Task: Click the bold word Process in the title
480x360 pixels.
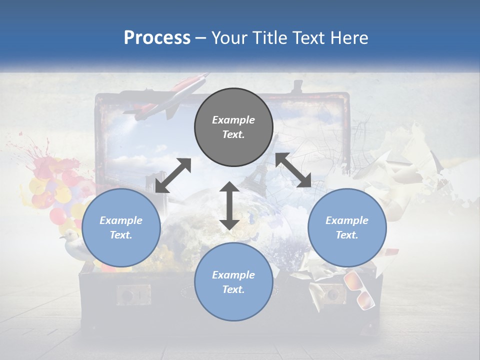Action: tap(157, 38)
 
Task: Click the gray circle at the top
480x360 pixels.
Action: tap(233, 127)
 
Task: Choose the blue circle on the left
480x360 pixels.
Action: tap(121, 227)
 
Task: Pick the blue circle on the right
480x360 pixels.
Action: tap(346, 227)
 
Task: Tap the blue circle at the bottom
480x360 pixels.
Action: tap(233, 282)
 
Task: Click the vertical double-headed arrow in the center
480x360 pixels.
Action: tap(229, 205)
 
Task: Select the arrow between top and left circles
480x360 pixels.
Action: tap(173, 175)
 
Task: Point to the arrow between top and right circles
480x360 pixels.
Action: tap(293, 170)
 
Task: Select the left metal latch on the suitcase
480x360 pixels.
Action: tap(133, 295)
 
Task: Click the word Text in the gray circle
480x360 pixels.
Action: tap(233, 135)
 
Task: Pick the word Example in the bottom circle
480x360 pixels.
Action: tap(233, 274)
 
